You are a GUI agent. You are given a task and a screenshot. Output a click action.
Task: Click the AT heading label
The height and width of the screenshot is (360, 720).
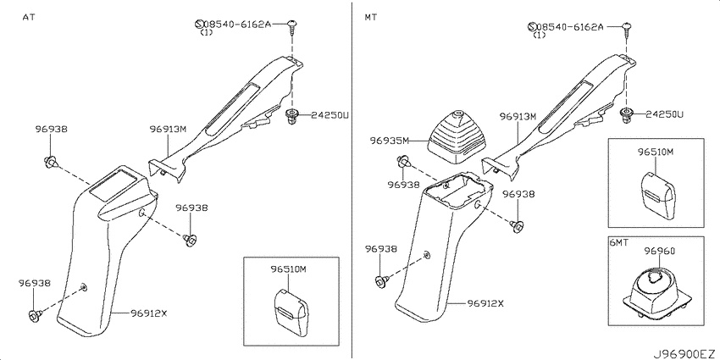click(x=29, y=17)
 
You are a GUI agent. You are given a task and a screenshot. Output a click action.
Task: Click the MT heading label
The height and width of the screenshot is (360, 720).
click(x=371, y=17)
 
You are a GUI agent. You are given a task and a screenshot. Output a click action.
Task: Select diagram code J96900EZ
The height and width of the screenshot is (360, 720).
click(x=684, y=354)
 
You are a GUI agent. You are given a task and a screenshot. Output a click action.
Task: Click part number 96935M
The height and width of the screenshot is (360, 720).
click(x=389, y=141)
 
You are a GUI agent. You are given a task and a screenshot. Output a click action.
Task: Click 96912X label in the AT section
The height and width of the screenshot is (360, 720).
click(x=148, y=313)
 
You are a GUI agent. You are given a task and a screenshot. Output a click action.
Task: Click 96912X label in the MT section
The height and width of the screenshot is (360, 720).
click(x=486, y=303)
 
